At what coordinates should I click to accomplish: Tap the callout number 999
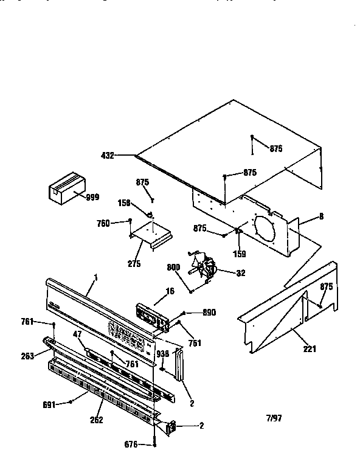[92, 197]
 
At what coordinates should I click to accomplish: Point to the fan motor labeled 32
[204, 268]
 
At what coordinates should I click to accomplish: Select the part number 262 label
[96, 420]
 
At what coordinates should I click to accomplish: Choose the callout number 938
[163, 353]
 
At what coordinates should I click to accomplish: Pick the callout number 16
[170, 292]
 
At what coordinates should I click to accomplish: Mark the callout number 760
[103, 223]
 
